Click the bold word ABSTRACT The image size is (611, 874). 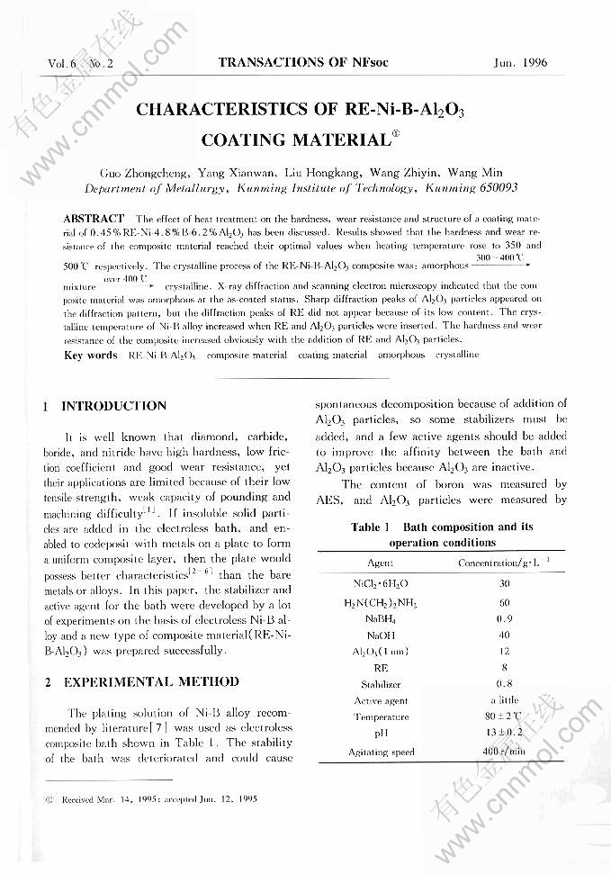click(x=94, y=219)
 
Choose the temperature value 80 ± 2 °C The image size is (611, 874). click(x=504, y=716)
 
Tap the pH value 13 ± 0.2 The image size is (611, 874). click(x=504, y=734)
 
